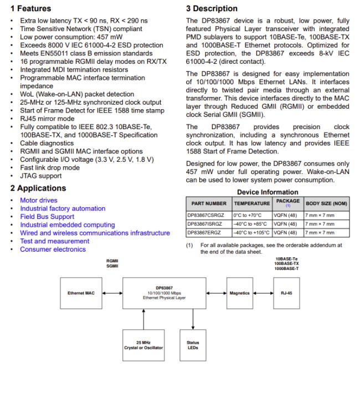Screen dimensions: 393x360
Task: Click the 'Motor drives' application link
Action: [x=39, y=200]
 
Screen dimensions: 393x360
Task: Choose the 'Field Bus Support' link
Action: [x=47, y=217]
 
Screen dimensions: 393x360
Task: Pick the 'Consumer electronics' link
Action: [x=53, y=249]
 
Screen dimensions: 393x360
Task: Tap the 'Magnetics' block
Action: [x=239, y=293]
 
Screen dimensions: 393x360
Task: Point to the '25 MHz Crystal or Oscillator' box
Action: [x=143, y=345]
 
